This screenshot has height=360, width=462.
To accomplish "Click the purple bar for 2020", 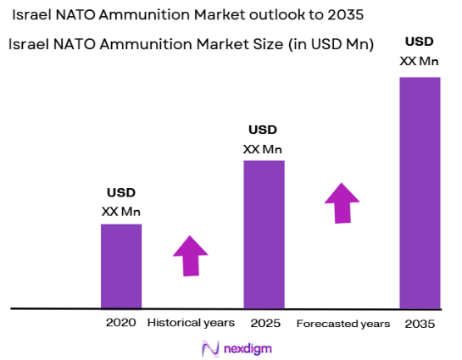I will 121,266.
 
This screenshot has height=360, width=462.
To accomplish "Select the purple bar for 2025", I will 264,234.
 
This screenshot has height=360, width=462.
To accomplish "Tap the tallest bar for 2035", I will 420,192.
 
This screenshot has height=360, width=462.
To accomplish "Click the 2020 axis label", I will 121,324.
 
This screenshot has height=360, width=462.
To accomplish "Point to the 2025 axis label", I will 264,324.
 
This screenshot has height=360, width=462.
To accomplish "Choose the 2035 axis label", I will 420,324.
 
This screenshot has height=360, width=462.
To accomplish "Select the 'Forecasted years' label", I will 343,324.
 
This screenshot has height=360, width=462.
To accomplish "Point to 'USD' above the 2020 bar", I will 120,192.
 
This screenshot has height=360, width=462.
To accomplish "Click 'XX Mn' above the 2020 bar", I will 120,211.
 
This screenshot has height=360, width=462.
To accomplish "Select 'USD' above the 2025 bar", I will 263,130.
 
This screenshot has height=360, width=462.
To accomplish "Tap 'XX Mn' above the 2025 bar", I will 263,148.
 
